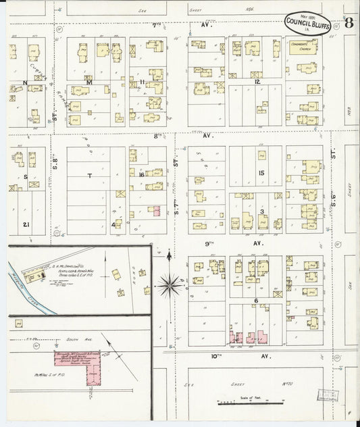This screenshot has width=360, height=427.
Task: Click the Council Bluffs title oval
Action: pyautogui.click(x=307, y=22)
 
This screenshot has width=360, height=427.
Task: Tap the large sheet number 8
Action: pyautogui.click(x=348, y=22)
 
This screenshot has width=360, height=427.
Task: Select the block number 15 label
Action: pyautogui.click(x=261, y=173)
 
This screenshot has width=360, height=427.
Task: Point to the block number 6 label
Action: pyautogui.click(x=256, y=301)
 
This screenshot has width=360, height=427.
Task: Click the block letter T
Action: pyautogui.click(x=89, y=175)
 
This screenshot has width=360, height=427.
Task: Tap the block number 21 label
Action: pyautogui.click(x=25, y=224)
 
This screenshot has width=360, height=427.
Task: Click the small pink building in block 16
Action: pyautogui.click(x=156, y=211)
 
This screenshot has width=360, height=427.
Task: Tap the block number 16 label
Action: pyautogui.click(x=142, y=175)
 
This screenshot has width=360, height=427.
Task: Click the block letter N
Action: pyautogui.click(x=25, y=83)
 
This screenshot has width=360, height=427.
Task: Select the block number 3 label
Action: pyautogui.click(x=261, y=211)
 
